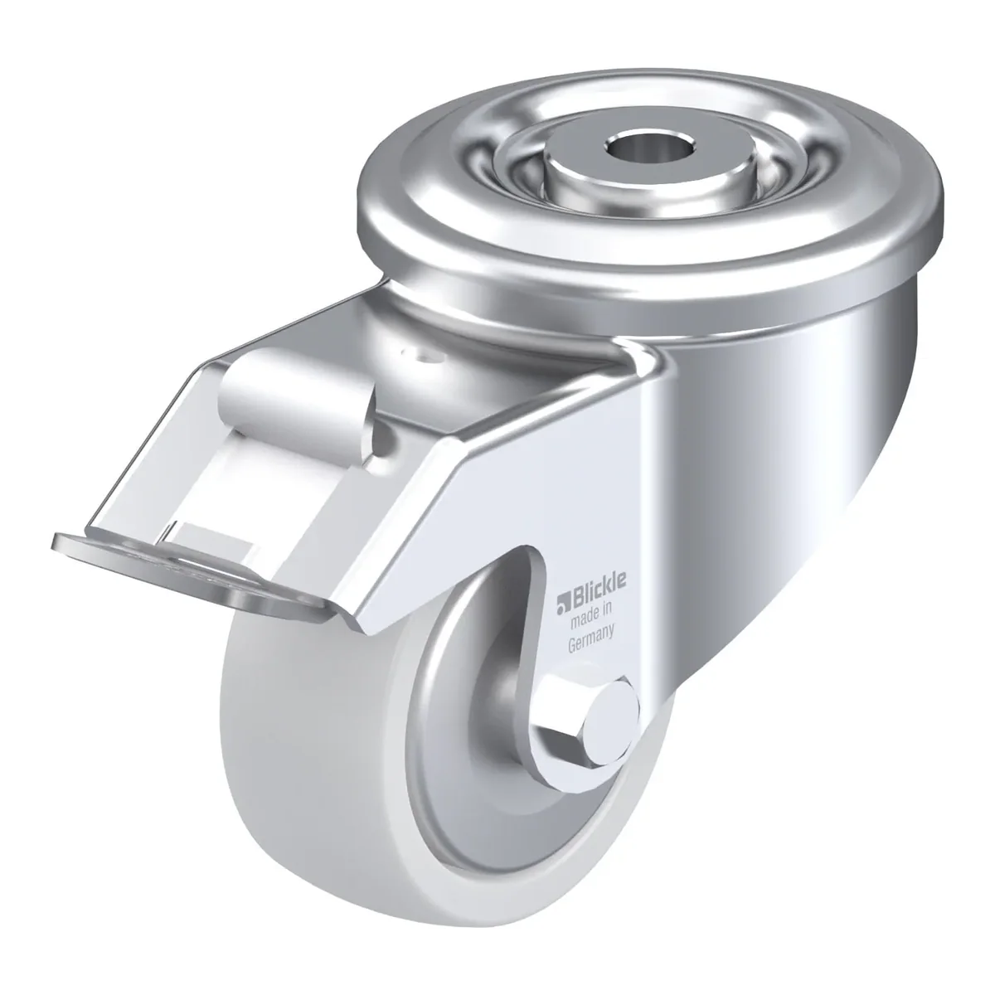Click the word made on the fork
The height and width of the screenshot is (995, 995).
click(582, 619)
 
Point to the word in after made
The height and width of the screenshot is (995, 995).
click(605, 612)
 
